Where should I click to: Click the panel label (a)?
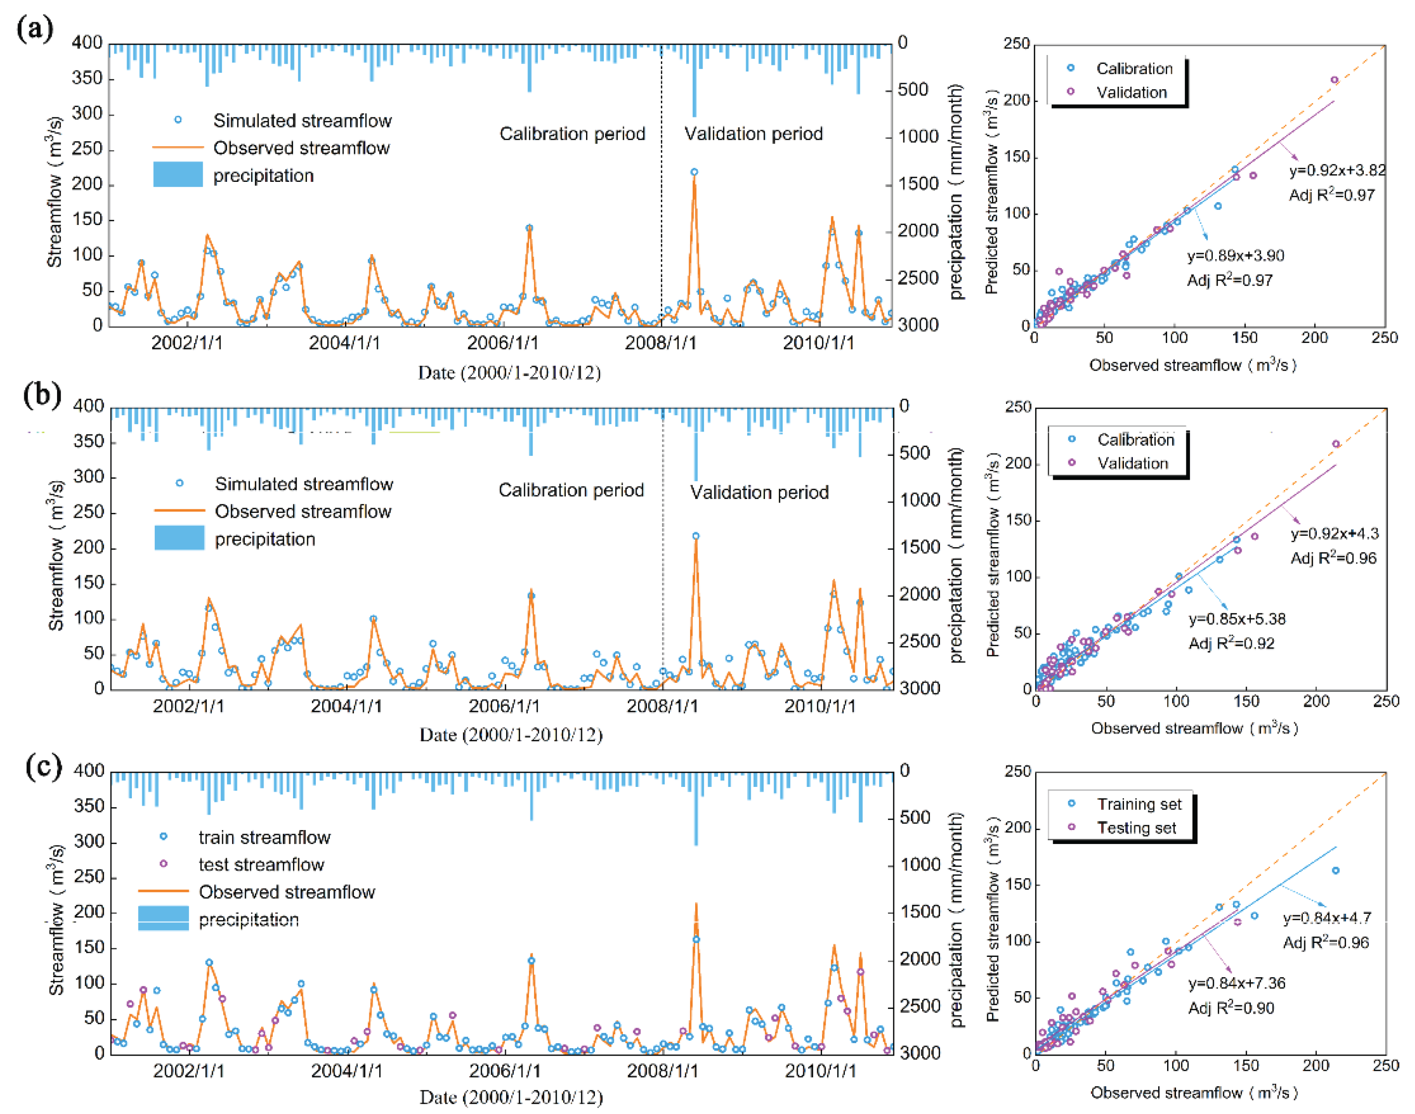[x=35, y=29]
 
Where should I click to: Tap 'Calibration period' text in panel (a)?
[x=572, y=134]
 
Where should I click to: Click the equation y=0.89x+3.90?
[x=1235, y=256]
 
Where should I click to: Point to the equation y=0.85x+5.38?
[x=1237, y=619]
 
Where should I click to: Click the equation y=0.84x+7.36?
[x=1236, y=983]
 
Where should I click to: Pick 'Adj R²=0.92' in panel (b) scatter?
[x=1231, y=644]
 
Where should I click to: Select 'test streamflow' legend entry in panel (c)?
[x=261, y=864]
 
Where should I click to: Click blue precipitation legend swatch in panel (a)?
[x=177, y=175]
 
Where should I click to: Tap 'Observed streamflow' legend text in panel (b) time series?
[x=303, y=511]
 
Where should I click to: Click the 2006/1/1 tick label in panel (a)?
[x=502, y=342]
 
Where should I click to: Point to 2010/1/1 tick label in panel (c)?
[x=820, y=1071]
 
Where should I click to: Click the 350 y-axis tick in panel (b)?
[x=88, y=442]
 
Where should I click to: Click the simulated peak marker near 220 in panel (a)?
[x=694, y=172]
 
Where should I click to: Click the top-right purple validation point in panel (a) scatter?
[x=1334, y=80]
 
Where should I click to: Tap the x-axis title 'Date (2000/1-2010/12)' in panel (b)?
[x=511, y=735]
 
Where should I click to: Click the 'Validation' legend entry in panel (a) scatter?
[x=1130, y=93]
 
